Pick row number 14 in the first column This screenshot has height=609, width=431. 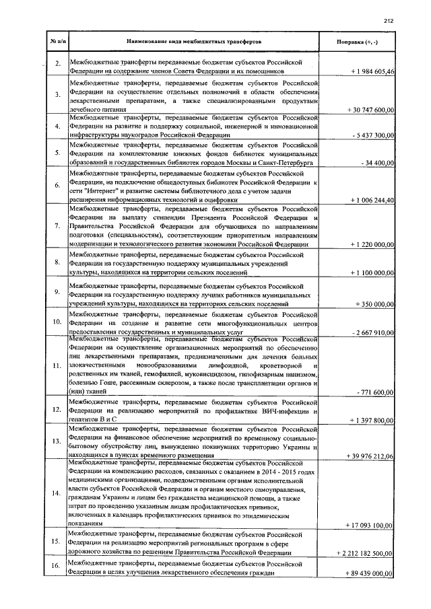[x=58, y=493]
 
